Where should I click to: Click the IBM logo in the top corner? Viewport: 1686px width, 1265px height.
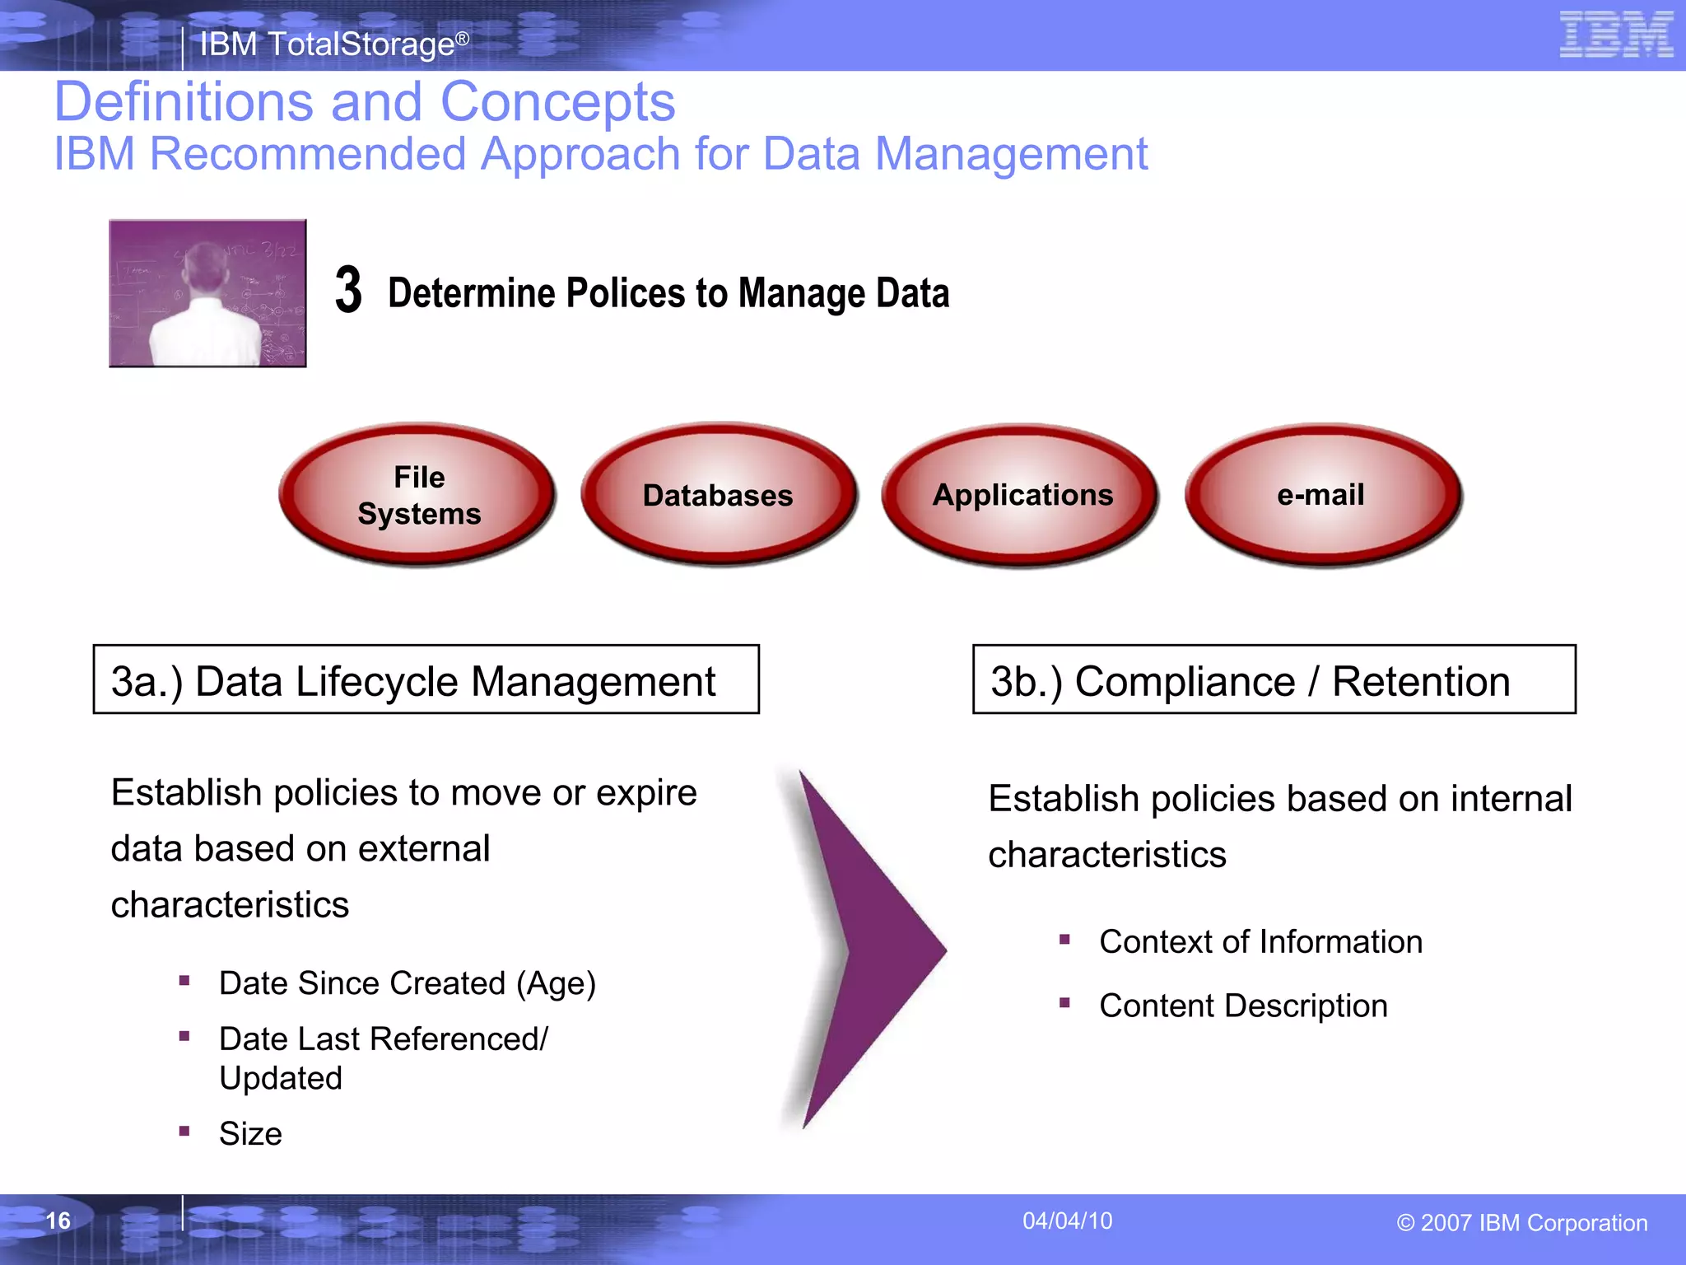(x=1616, y=35)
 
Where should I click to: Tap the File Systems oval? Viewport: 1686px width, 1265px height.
(x=418, y=495)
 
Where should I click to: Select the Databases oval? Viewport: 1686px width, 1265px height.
(x=719, y=495)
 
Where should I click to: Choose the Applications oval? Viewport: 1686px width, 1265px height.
(x=1021, y=495)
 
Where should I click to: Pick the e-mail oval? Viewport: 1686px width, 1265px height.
(x=1322, y=495)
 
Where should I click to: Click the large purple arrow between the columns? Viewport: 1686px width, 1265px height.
(x=864, y=947)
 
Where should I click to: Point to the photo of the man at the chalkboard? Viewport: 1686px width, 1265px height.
(x=207, y=293)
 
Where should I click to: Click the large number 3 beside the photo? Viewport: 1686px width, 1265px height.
(x=348, y=291)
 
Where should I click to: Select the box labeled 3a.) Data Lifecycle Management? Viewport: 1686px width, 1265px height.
(x=426, y=679)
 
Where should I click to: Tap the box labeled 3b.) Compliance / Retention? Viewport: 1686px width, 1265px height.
(x=1274, y=679)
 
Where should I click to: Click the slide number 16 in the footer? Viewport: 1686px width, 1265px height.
(x=58, y=1221)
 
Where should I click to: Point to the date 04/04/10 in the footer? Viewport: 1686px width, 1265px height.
(x=1067, y=1221)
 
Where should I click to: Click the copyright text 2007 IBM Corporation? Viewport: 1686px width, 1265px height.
(x=1522, y=1223)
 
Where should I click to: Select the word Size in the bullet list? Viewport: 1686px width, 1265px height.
(x=250, y=1134)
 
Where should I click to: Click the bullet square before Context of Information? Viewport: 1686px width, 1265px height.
(x=1064, y=940)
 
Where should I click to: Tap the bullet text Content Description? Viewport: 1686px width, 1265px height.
(x=1243, y=1006)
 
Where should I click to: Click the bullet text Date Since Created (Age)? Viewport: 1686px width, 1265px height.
(x=407, y=983)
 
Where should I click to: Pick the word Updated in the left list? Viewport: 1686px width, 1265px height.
(x=281, y=1078)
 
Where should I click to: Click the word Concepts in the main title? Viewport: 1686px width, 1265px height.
(x=557, y=102)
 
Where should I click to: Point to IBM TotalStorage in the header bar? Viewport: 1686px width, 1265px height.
(x=328, y=44)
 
